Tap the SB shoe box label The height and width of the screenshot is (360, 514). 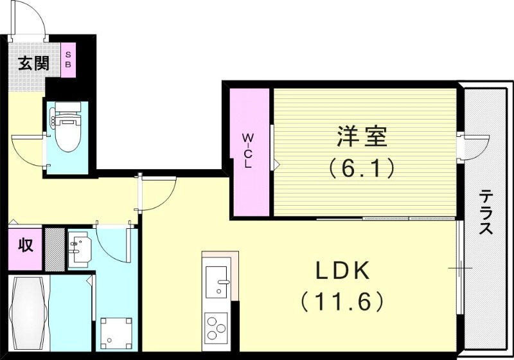[68, 60]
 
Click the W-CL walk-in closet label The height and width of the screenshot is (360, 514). [248, 150]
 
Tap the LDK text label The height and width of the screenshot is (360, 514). [341, 271]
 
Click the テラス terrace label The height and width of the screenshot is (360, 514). [486, 212]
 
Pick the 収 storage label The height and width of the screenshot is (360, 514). [25, 246]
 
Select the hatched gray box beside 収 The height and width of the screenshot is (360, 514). [54, 248]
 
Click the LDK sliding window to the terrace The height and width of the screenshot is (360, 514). [459, 267]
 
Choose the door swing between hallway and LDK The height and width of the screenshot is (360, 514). [157, 194]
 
